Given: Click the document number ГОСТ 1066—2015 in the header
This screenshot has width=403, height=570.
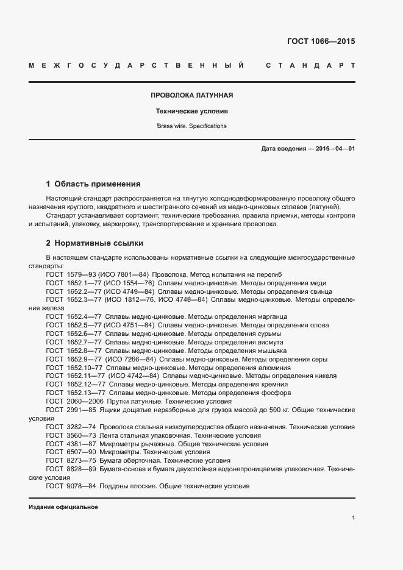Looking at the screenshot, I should click(x=321, y=42).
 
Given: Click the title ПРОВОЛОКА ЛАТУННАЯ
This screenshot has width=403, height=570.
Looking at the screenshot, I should click(x=192, y=96).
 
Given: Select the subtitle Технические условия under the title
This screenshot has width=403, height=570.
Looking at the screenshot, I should click(x=192, y=112).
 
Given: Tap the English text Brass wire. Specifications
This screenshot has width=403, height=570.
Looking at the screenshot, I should click(x=192, y=126).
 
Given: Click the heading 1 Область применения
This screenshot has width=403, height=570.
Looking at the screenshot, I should click(x=93, y=183).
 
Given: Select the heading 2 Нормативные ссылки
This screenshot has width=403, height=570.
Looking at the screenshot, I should click(x=95, y=243).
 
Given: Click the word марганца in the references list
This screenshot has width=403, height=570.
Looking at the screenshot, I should click(x=271, y=317).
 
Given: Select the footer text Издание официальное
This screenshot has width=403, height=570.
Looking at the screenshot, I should click(x=63, y=507).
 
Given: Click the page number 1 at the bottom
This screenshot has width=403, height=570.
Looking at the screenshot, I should click(x=353, y=518).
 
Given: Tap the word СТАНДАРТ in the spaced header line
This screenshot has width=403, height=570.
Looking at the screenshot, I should click(x=311, y=65).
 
